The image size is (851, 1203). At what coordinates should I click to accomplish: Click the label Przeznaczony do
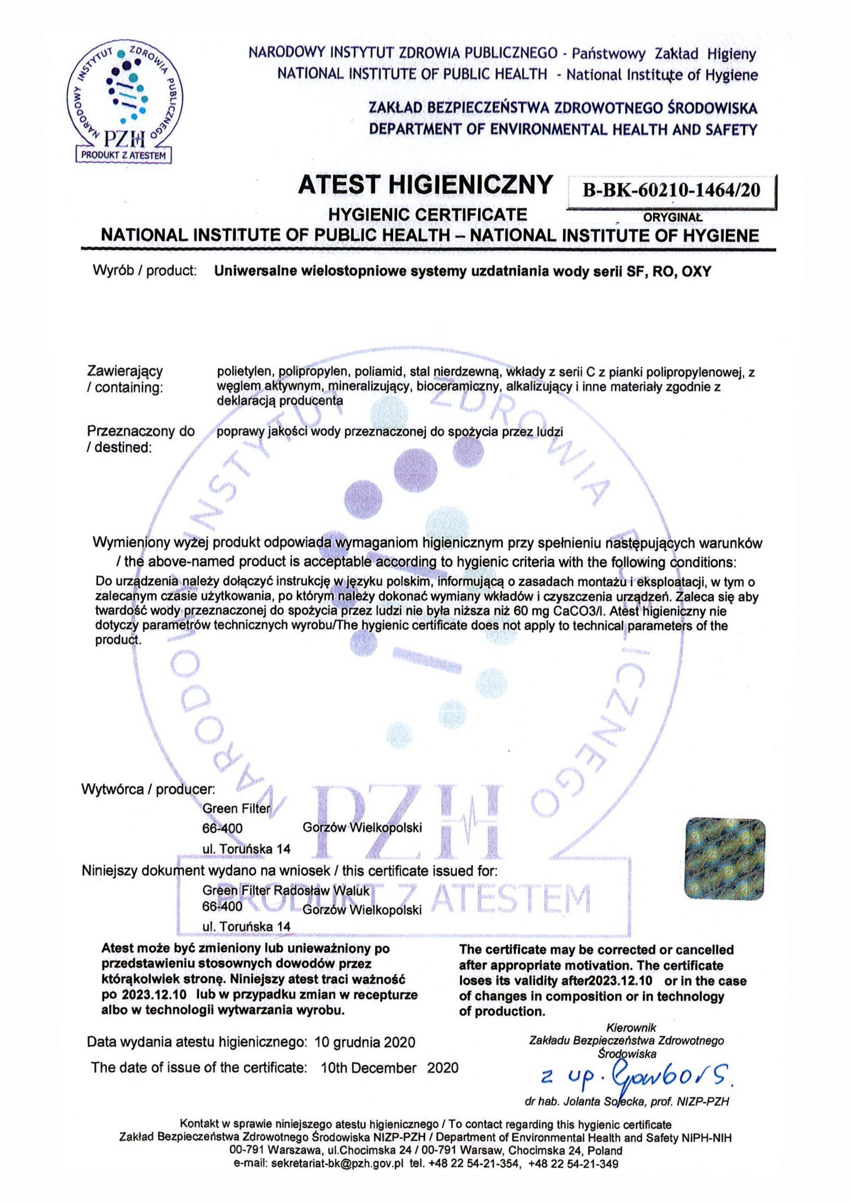[x=141, y=432]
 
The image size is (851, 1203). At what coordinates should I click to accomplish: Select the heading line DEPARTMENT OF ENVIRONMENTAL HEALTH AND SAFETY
[x=563, y=129]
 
